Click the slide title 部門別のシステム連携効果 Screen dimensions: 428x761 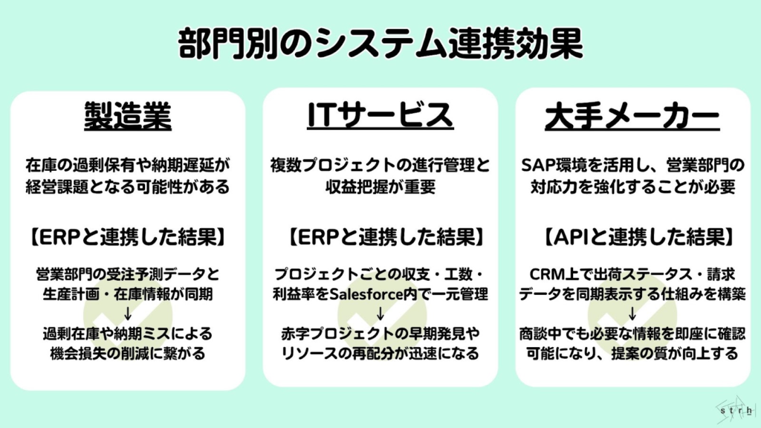pos(380,45)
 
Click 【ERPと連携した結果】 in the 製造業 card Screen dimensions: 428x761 pos(127,238)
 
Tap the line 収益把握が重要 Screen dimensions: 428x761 pos(380,186)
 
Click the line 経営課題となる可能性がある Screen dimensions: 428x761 pos(127,186)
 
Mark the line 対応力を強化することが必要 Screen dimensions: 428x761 pos(632,186)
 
